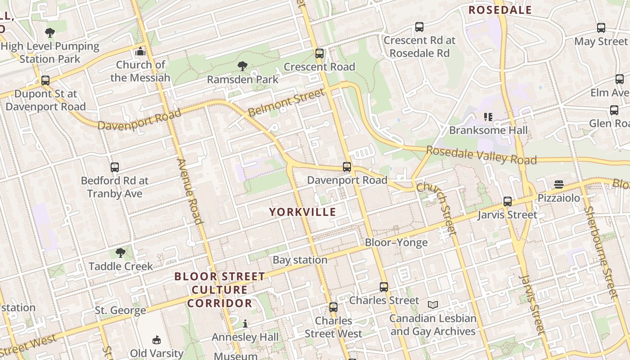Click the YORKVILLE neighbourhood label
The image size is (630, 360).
click(x=302, y=212)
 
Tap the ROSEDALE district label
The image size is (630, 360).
click(x=500, y=10)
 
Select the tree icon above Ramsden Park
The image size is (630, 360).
click(x=243, y=67)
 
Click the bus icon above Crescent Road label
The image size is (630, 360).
click(x=319, y=54)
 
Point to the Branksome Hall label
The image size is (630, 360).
click(x=488, y=130)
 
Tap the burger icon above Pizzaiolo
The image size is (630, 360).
click(x=558, y=184)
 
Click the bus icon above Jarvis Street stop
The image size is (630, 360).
click(x=508, y=202)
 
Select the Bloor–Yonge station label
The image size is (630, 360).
click(x=396, y=243)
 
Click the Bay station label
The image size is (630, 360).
click(x=300, y=260)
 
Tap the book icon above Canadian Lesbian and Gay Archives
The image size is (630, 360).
click(x=432, y=305)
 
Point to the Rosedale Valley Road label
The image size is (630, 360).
click(x=481, y=155)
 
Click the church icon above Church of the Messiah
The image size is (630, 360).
click(x=140, y=51)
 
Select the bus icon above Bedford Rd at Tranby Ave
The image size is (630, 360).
click(x=115, y=167)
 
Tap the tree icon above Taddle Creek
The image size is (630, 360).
click(x=120, y=253)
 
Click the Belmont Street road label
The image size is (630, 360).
click(x=286, y=102)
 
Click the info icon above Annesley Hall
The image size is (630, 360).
click(x=245, y=324)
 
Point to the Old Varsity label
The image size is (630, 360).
click(x=157, y=353)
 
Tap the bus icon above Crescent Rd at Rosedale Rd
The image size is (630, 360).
click(x=419, y=27)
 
